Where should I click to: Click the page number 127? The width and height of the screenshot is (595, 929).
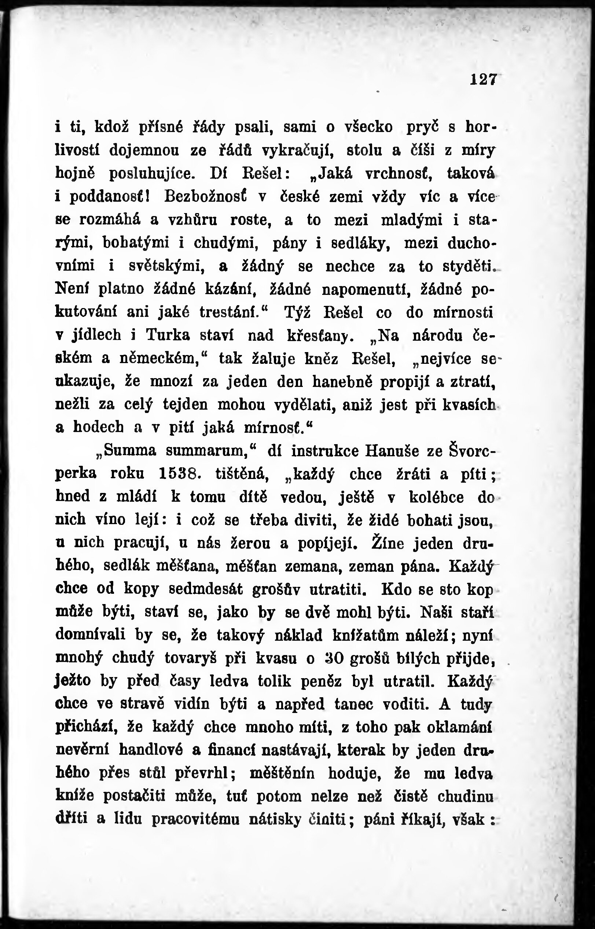coord(482,80)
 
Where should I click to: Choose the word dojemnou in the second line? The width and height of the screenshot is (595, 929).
coord(144,150)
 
